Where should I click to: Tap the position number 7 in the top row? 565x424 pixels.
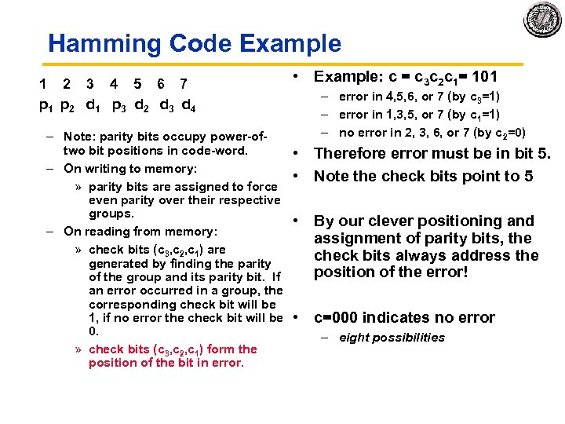(184, 83)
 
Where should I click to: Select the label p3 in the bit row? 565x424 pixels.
(120, 104)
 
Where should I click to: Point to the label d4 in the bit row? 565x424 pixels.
(189, 104)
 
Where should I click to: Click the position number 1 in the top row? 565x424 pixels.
(43, 83)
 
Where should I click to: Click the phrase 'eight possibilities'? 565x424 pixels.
(392, 338)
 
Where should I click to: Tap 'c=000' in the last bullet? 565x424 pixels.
(337, 317)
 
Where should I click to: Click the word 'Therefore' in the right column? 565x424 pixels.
(349, 154)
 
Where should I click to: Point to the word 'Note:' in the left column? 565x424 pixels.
(81, 136)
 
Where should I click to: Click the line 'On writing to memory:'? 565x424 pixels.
(130, 169)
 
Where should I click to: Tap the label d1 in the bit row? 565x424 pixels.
(93, 104)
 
